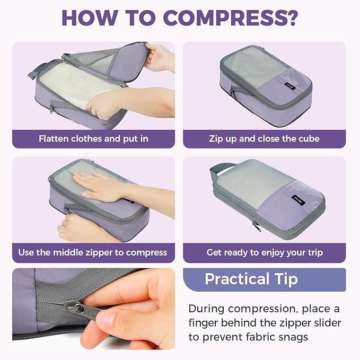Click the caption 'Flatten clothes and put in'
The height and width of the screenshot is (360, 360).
tap(93, 139)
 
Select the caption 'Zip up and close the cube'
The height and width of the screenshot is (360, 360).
tap(264, 139)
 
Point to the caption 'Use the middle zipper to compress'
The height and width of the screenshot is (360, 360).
tap(93, 252)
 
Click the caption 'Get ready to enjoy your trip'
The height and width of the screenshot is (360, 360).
tap(264, 252)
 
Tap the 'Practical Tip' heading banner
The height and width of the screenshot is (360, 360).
tap(251, 279)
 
